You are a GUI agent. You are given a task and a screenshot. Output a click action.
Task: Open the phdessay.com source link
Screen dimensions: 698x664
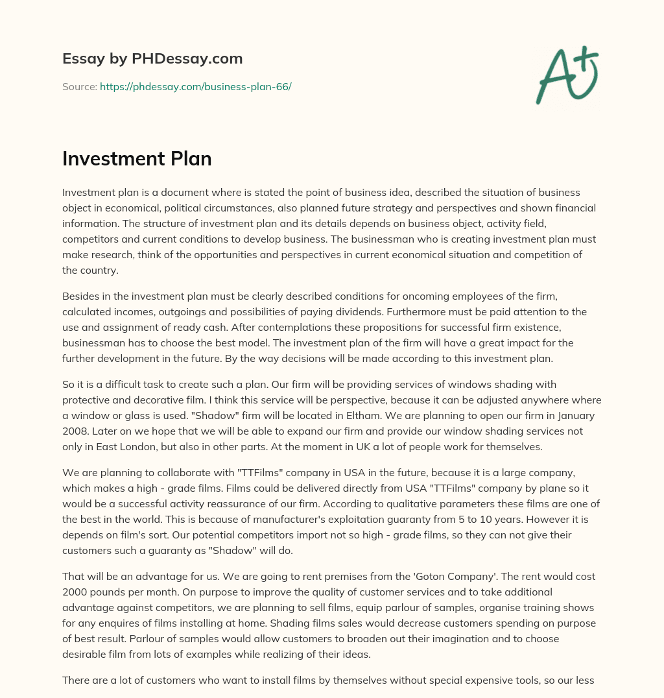point(195,86)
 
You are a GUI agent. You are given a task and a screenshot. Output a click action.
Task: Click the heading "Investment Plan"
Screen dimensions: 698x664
point(137,159)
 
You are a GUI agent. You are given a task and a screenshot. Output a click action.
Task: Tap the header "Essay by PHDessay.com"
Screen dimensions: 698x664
point(152,59)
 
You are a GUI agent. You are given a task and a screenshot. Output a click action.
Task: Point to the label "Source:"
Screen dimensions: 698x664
point(79,86)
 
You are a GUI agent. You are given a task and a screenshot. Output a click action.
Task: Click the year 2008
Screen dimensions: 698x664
point(75,431)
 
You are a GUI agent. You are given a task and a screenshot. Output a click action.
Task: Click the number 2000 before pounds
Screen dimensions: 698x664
point(75,592)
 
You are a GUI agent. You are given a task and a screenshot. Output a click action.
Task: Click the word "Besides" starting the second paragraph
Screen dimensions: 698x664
point(81,296)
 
